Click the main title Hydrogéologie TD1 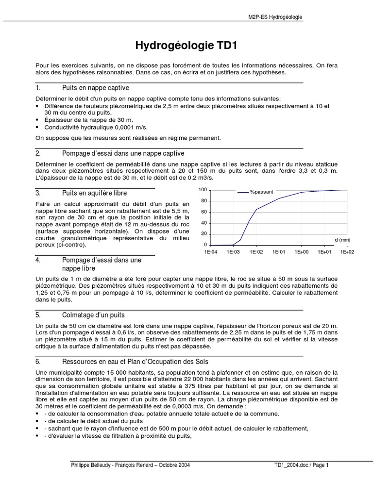[186, 46]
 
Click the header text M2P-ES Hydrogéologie [275, 17]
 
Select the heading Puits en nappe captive [95, 88]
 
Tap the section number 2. [38, 153]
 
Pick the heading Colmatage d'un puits [94, 315]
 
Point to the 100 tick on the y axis [203, 190]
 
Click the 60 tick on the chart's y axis [204, 212]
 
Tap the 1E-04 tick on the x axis [210, 252]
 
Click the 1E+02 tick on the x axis [347, 252]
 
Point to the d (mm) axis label [342, 240]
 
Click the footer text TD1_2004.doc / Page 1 [301, 464]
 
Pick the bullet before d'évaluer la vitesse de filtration [38, 436]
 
